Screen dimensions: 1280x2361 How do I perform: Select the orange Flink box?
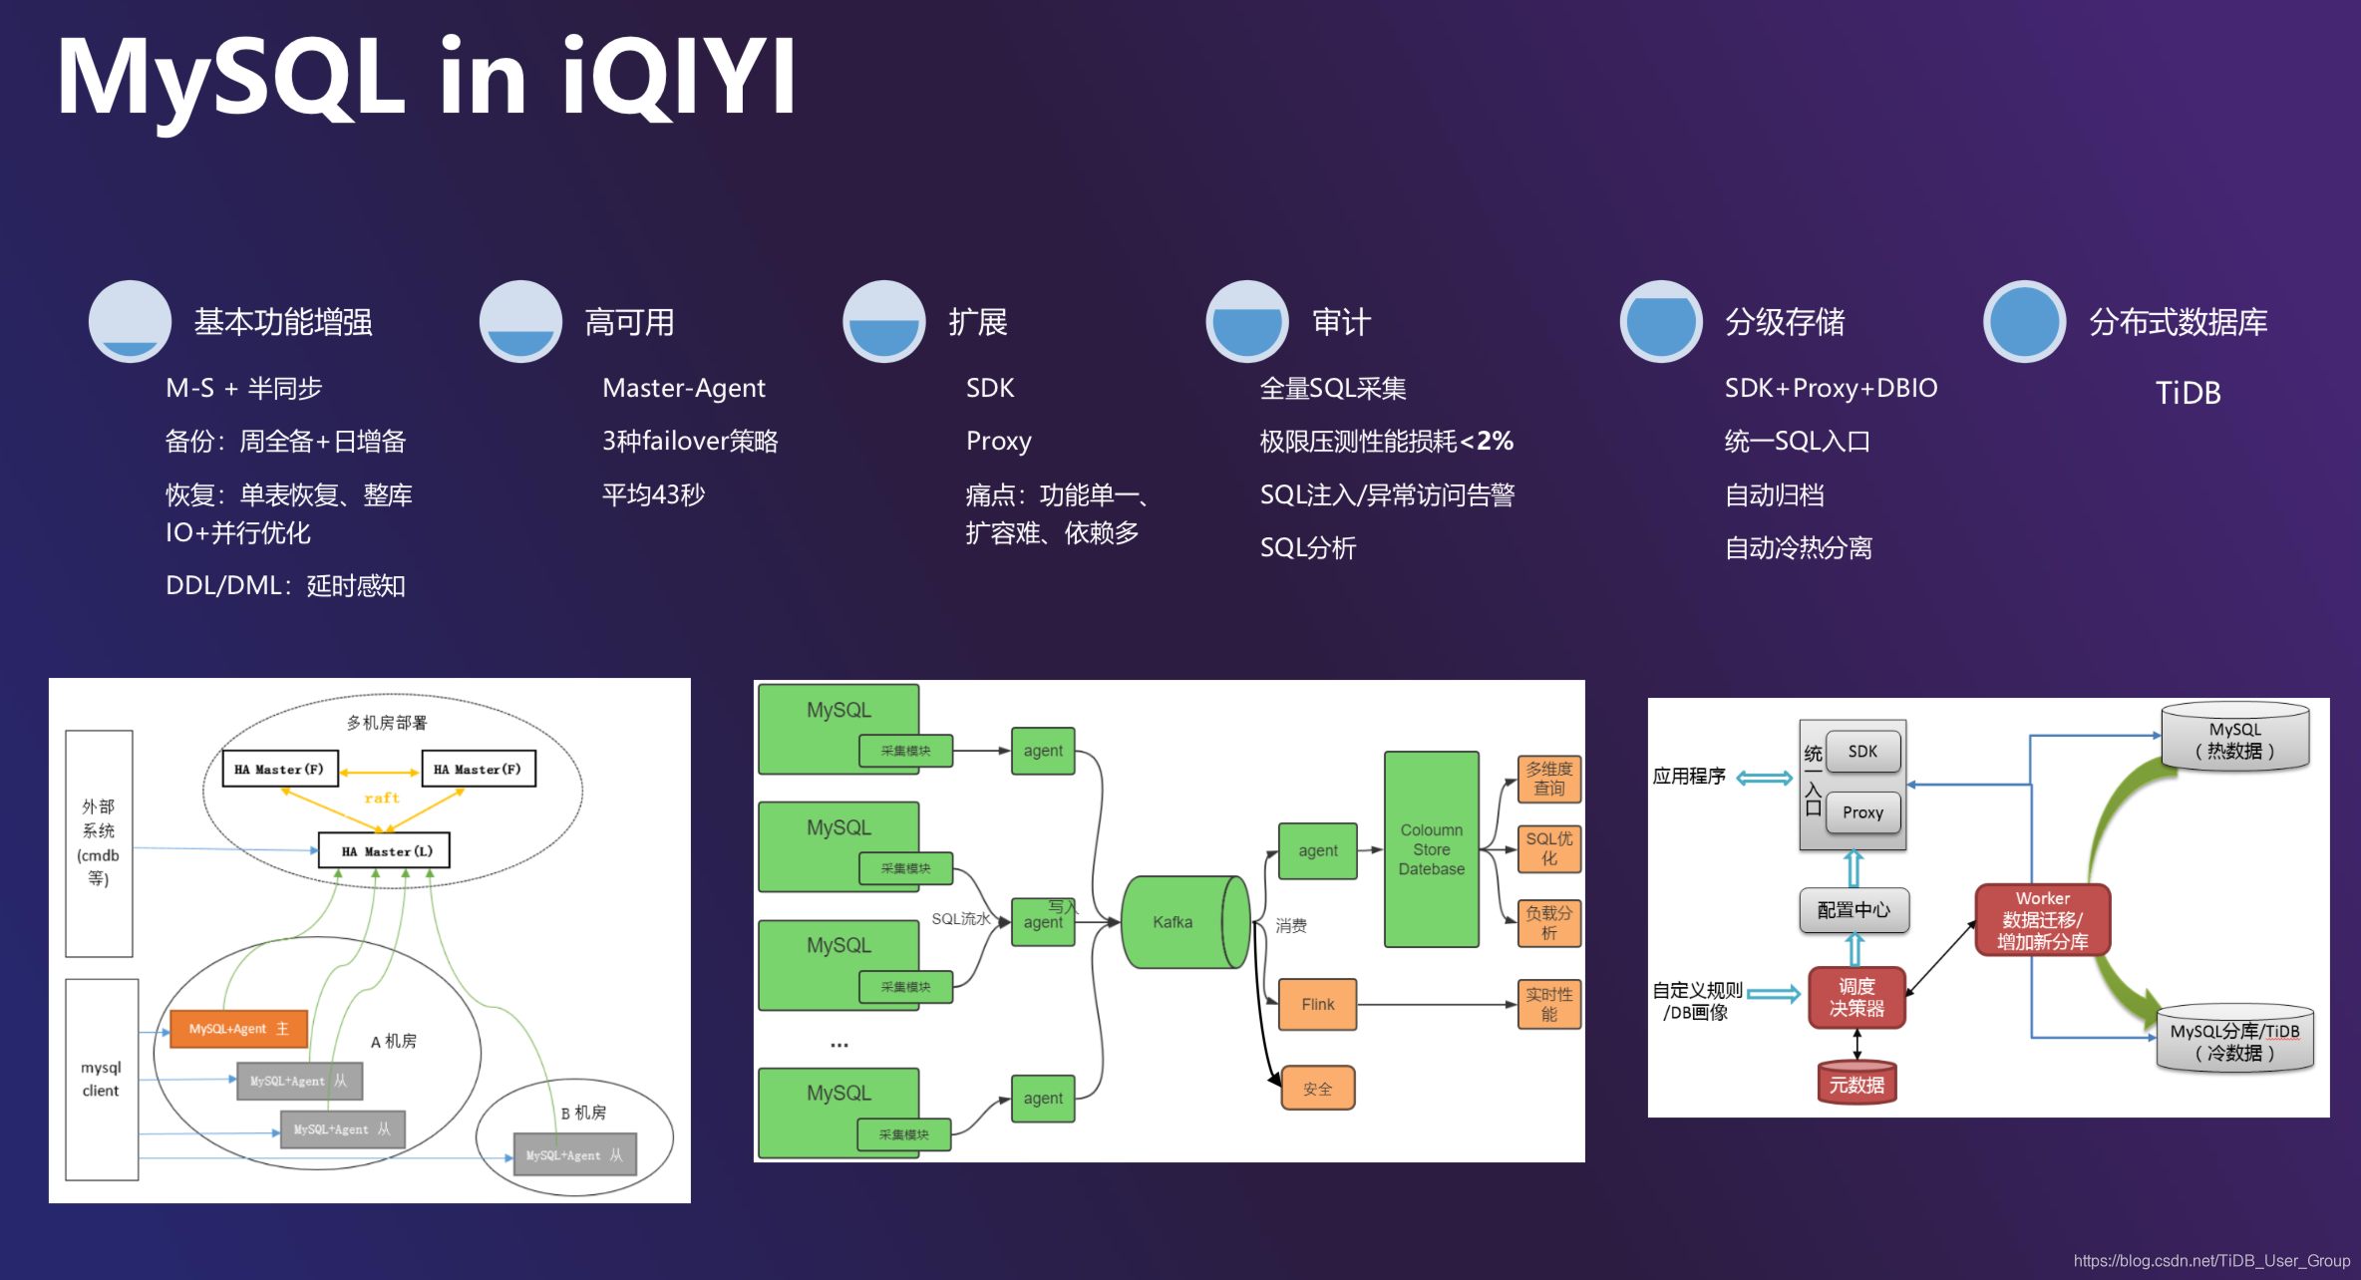coord(1317,1004)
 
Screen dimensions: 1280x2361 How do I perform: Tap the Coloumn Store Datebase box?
coord(1431,848)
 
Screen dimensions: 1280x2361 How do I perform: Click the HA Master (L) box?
coord(385,851)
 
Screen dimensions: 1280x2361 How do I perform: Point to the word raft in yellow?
coord(381,798)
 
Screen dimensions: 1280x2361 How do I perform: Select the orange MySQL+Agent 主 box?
coord(238,1029)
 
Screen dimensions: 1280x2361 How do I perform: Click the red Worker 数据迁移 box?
coord(2042,920)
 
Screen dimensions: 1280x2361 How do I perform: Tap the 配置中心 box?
coord(1854,909)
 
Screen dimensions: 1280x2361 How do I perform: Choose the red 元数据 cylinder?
coord(1855,1084)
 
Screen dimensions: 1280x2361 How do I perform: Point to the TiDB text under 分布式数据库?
coord(2188,393)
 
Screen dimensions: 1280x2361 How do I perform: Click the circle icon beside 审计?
coord(1246,322)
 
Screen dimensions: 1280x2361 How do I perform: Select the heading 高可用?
coord(629,322)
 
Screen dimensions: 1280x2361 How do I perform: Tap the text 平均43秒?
coord(653,494)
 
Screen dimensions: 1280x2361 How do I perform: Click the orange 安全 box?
coord(1317,1089)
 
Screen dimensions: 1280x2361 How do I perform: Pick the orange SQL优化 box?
coord(1548,848)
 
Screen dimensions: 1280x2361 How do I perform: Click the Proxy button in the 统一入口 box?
coord(1862,812)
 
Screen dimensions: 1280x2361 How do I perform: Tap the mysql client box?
coord(101,1079)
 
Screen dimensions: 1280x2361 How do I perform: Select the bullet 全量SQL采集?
coord(1333,388)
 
